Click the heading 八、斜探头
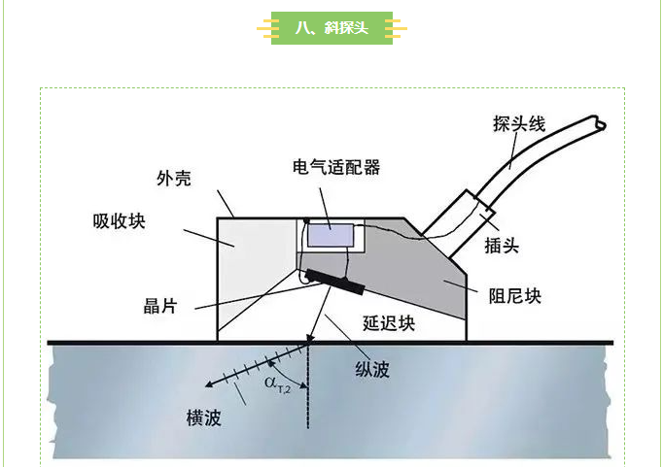331,28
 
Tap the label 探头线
519,124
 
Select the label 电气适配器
335,167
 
